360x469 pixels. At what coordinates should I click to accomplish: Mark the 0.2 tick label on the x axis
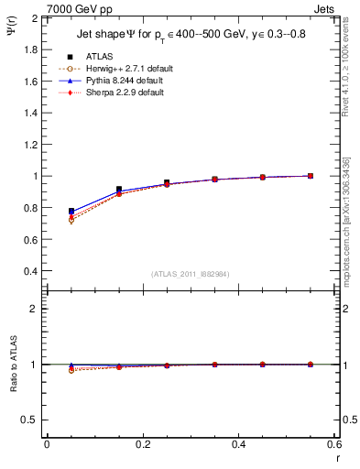click(142, 444)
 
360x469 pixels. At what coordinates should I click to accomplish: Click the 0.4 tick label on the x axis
click(238, 444)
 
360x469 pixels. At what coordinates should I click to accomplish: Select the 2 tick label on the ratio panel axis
click(34, 309)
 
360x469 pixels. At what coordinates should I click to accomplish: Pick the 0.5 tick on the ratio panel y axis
click(29, 420)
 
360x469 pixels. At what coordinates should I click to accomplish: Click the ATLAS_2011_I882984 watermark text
click(191, 274)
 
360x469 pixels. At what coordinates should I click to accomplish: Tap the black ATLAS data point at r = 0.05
click(71, 212)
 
